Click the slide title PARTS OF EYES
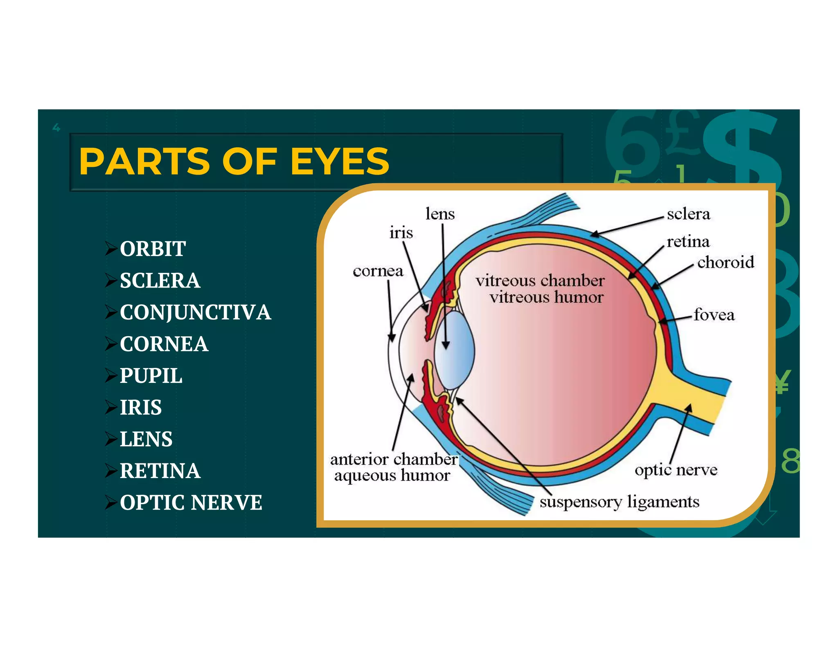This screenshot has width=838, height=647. tap(234, 162)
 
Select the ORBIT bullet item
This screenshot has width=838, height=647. tap(153, 249)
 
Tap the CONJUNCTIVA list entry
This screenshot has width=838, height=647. tap(195, 312)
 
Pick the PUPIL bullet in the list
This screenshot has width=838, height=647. tap(151, 375)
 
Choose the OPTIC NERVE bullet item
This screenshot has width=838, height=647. tap(191, 502)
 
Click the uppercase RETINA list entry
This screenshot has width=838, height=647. tap(160, 471)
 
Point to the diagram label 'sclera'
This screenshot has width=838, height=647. tap(688, 214)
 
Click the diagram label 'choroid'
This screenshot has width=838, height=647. tap(725, 262)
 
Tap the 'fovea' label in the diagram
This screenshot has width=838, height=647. tap(714, 315)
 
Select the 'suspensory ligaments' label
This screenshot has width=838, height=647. tap(619, 502)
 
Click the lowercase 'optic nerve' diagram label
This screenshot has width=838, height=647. tap(676, 470)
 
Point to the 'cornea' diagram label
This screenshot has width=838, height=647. tap(378, 271)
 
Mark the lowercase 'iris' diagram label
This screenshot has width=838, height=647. tap(401, 233)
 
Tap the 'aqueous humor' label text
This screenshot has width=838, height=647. tap(392, 476)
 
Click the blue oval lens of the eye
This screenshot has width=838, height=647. tap(454, 350)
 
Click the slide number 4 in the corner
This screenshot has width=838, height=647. tap(56, 128)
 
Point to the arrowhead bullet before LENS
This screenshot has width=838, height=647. tap(111, 439)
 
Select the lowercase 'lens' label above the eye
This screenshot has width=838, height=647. tap(440, 214)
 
